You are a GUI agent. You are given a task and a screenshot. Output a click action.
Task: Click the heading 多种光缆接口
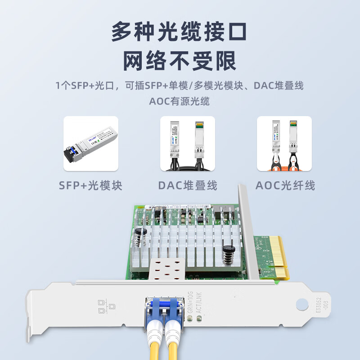tap(180, 32)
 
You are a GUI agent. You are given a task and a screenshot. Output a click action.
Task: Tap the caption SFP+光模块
tap(90, 185)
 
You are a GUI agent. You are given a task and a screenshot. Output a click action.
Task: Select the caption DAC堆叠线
tap(188, 185)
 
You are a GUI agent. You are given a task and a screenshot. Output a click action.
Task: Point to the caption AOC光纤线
tap(285, 185)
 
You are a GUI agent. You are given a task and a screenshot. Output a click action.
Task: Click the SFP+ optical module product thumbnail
tap(90, 144)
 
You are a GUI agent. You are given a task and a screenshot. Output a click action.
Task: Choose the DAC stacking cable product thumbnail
tap(188, 144)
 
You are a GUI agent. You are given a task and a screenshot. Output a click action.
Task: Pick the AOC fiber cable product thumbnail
tap(284, 144)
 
